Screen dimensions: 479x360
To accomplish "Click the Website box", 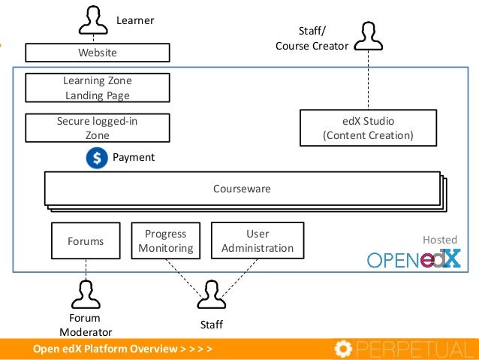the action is pos(98,53).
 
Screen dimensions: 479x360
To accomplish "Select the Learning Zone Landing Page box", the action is pos(98,88).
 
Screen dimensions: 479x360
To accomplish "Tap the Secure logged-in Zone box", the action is pos(98,128).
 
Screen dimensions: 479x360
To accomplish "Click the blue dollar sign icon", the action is pos(97,158).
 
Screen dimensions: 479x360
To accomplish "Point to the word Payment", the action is pos(134,157).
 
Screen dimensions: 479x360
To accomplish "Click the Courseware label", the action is pos(242,189).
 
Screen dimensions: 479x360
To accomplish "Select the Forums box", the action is pos(86,241).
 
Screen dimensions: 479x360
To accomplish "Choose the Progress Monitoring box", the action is pos(166,241).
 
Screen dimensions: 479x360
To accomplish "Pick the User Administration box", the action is pos(258,241).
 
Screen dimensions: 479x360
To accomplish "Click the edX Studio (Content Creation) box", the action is pos(368,128).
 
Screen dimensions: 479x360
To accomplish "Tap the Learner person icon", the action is pos(93,20).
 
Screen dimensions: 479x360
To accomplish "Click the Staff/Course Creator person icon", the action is pos(369,36).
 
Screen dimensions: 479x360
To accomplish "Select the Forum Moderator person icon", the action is pos(86,295).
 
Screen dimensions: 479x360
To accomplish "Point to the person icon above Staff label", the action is pos(212,295).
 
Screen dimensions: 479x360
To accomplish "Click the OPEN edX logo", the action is pos(414,259).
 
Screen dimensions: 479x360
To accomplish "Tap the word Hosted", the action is pos(440,240).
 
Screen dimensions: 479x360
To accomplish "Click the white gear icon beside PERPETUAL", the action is pos(343,349).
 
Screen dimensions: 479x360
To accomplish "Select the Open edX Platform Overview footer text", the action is pos(122,349).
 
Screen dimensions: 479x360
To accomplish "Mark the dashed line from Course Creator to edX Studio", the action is pos(368,80).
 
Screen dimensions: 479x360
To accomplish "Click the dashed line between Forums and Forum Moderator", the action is pos(86,270).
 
